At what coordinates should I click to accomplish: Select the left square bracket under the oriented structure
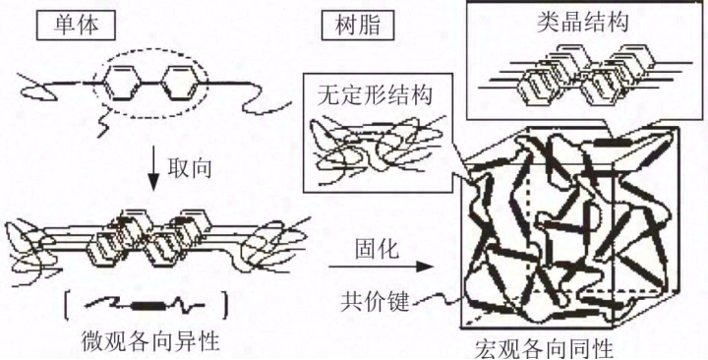click(70, 305)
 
